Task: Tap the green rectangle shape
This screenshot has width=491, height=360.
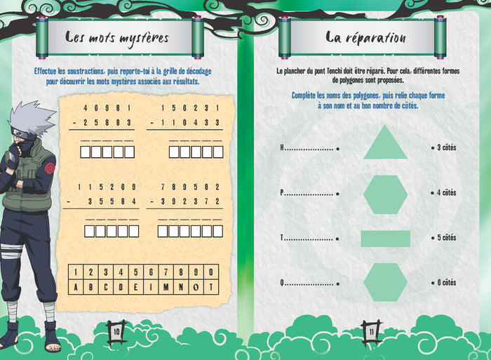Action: [386, 239]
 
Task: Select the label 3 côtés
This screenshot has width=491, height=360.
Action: [447, 147]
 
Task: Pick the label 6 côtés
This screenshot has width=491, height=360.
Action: [447, 283]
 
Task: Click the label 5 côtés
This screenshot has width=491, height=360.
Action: [447, 238]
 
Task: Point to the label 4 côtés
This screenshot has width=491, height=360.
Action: [447, 193]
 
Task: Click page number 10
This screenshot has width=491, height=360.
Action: [116, 332]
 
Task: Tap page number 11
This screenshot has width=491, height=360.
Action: [371, 332]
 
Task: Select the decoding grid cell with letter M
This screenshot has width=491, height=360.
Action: [166, 287]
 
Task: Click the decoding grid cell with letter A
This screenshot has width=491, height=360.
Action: [76, 287]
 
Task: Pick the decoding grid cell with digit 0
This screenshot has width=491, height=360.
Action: [211, 272]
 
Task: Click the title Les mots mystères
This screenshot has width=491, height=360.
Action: [117, 38]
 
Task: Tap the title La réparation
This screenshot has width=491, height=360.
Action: [365, 38]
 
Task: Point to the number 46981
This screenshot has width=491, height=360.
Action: [107, 108]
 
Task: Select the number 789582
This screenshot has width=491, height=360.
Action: [190, 187]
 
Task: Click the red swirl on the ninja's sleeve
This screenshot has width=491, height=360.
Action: [50, 168]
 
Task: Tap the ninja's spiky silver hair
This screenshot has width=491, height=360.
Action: [31, 116]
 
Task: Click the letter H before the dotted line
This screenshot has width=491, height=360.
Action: [282, 147]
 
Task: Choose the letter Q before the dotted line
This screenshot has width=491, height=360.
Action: [282, 283]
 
